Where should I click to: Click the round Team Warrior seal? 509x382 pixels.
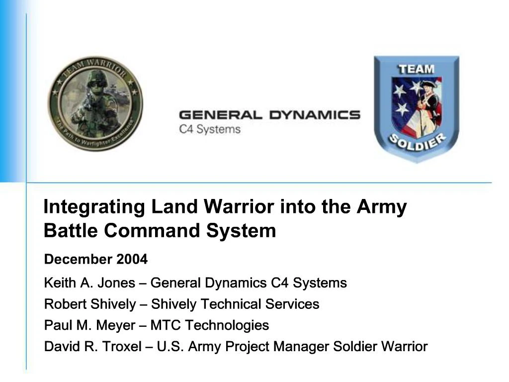point(94,104)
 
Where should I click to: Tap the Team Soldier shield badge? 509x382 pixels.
point(417,108)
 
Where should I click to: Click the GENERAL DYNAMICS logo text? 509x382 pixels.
point(269,115)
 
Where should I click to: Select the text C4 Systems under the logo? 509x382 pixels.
point(209,129)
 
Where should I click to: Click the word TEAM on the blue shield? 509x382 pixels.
point(417,69)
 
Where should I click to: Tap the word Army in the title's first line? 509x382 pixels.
point(381,206)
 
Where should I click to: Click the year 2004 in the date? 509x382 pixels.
point(132,259)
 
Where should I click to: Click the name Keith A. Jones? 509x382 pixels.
point(89,283)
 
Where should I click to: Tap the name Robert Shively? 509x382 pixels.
point(89,304)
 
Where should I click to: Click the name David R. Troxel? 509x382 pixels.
point(93,346)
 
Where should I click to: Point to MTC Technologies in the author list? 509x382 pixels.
point(209,325)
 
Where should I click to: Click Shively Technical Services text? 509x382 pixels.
point(235,304)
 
